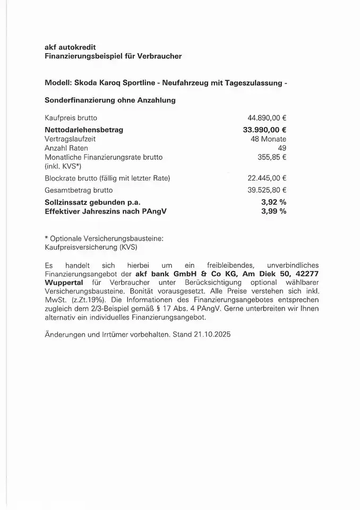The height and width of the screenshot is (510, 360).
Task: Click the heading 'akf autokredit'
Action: pos(71,47)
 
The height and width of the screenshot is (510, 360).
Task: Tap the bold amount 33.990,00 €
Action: pos(264,129)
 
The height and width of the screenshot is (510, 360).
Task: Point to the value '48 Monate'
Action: pos(269,139)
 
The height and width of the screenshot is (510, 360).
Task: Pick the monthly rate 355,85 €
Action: pos(272,157)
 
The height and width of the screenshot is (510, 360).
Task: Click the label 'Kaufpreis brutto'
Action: pos(71,118)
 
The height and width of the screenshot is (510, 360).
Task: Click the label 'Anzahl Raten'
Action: pos(66,148)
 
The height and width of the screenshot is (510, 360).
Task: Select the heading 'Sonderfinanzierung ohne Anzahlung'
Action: pos(110,100)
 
